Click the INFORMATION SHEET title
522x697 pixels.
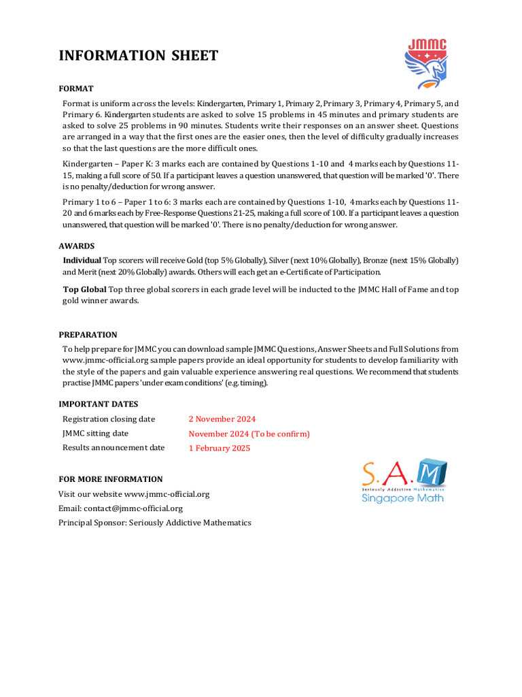pyautogui.click(x=139, y=56)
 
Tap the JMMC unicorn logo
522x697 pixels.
pyautogui.click(x=426, y=63)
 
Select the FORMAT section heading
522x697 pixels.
pyautogui.click(x=76, y=88)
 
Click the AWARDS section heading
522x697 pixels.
pyautogui.click(x=77, y=246)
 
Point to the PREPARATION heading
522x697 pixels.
pyautogui.click(x=88, y=334)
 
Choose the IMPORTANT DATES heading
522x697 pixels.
pyautogui.click(x=98, y=404)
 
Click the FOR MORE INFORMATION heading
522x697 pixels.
pyautogui.click(x=110, y=479)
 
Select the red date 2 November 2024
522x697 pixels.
pyautogui.click(x=222, y=419)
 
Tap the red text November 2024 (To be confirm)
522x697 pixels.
pyautogui.click(x=249, y=434)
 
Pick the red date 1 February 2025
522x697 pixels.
pyautogui.click(x=220, y=448)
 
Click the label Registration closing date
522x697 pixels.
pyautogui.click(x=109, y=419)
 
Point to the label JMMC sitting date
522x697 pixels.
pyautogui.click(x=95, y=434)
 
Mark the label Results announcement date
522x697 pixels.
pyautogui.click(x=114, y=448)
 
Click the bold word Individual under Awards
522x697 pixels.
pyautogui.click(x=82, y=261)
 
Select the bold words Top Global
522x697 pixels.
pyautogui.click(x=84, y=289)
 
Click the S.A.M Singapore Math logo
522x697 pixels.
pyautogui.click(x=404, y=481)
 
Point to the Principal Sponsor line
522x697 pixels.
pyautogui.click(x=155, y=523)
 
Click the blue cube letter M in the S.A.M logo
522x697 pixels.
pyautogui.click(x=432, y=472)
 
